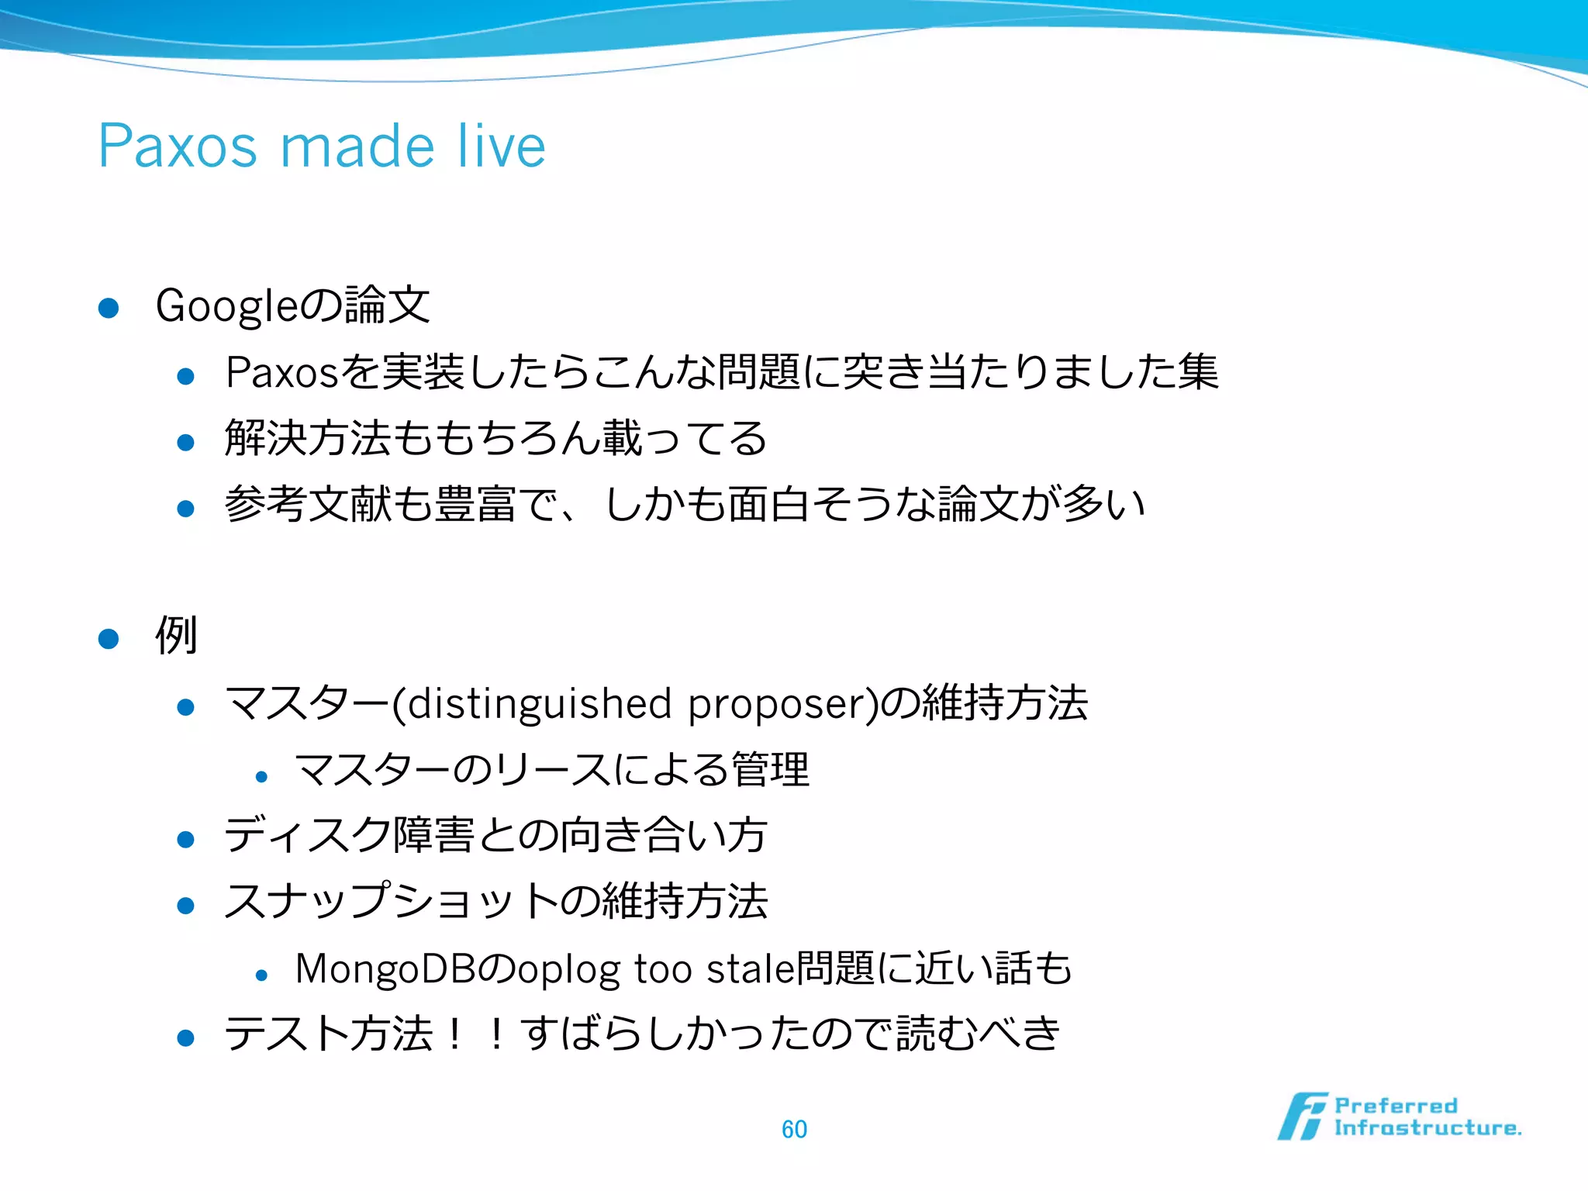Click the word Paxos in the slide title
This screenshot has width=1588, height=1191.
[x=177, y=147]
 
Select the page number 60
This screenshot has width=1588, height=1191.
[x=794, y=1129]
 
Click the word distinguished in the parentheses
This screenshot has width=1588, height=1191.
[x=539, y=704]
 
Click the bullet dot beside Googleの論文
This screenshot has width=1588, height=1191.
[x=109, y=309]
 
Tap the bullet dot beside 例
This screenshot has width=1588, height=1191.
[x=109, y=639]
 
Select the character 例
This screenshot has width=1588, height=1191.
[x=176, y=636]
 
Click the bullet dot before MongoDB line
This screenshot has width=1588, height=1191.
[x=261, y=975]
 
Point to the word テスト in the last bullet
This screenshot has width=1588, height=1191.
[x=286, y=1034]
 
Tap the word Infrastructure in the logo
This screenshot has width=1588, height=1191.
[x=1427, y=1128]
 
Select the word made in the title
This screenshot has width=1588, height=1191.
[x=357, y=147]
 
